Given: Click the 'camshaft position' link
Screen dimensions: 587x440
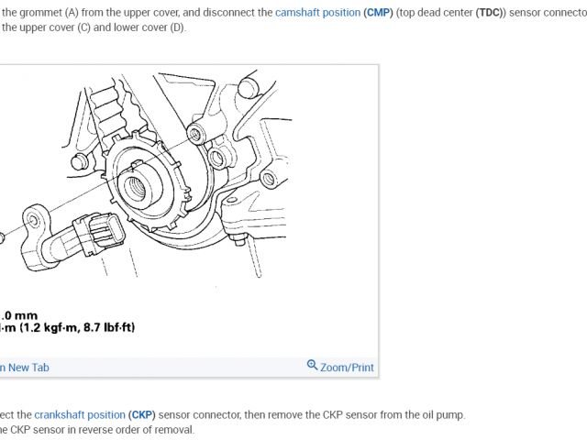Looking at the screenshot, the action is (318, 13).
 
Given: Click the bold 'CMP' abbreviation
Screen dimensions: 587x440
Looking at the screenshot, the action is (378, 13).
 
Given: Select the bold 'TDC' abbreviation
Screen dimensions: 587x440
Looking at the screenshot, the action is (489, 13).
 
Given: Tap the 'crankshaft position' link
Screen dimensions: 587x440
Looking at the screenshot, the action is (80, 415).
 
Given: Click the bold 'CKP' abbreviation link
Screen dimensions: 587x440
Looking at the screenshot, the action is (142, 415).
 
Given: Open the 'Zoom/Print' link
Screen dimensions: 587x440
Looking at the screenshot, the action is (347, 368).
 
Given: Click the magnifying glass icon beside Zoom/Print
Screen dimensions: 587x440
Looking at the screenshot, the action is (312, 365).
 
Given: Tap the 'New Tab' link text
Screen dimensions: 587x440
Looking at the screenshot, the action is (28, 368).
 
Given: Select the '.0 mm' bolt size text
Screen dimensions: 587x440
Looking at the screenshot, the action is (18, 315).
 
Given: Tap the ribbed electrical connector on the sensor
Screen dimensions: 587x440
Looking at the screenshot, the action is (98, 234).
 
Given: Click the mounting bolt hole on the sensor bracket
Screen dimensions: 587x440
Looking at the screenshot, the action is (34, 220).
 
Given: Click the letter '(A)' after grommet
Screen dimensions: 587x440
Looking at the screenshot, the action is (71, 13).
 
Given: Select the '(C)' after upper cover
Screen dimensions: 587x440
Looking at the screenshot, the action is (83, 27).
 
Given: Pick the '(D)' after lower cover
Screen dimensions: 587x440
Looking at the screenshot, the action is (177, 27).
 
